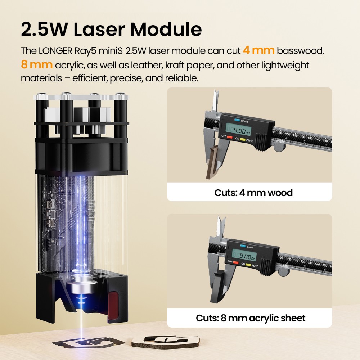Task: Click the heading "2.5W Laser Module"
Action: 111,30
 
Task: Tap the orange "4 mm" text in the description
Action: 258,50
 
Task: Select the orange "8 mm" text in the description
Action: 37,65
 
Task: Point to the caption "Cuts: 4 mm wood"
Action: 253,193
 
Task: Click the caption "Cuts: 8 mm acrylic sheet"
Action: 251,318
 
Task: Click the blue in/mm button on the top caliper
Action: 237,120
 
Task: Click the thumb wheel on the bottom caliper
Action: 283,271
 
